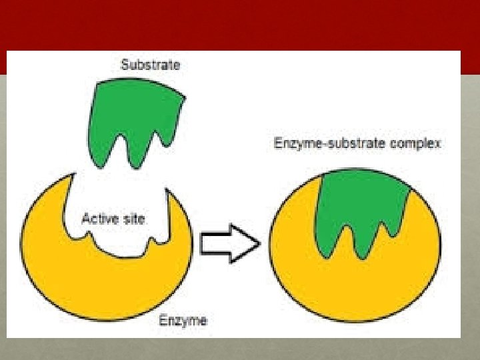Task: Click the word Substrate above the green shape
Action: coord(150,65)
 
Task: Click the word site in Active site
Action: coord(133,219)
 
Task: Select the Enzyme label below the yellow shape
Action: coord(183,321)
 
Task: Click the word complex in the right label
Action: coord(419,144)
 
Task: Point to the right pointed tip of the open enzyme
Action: coord(169,193)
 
